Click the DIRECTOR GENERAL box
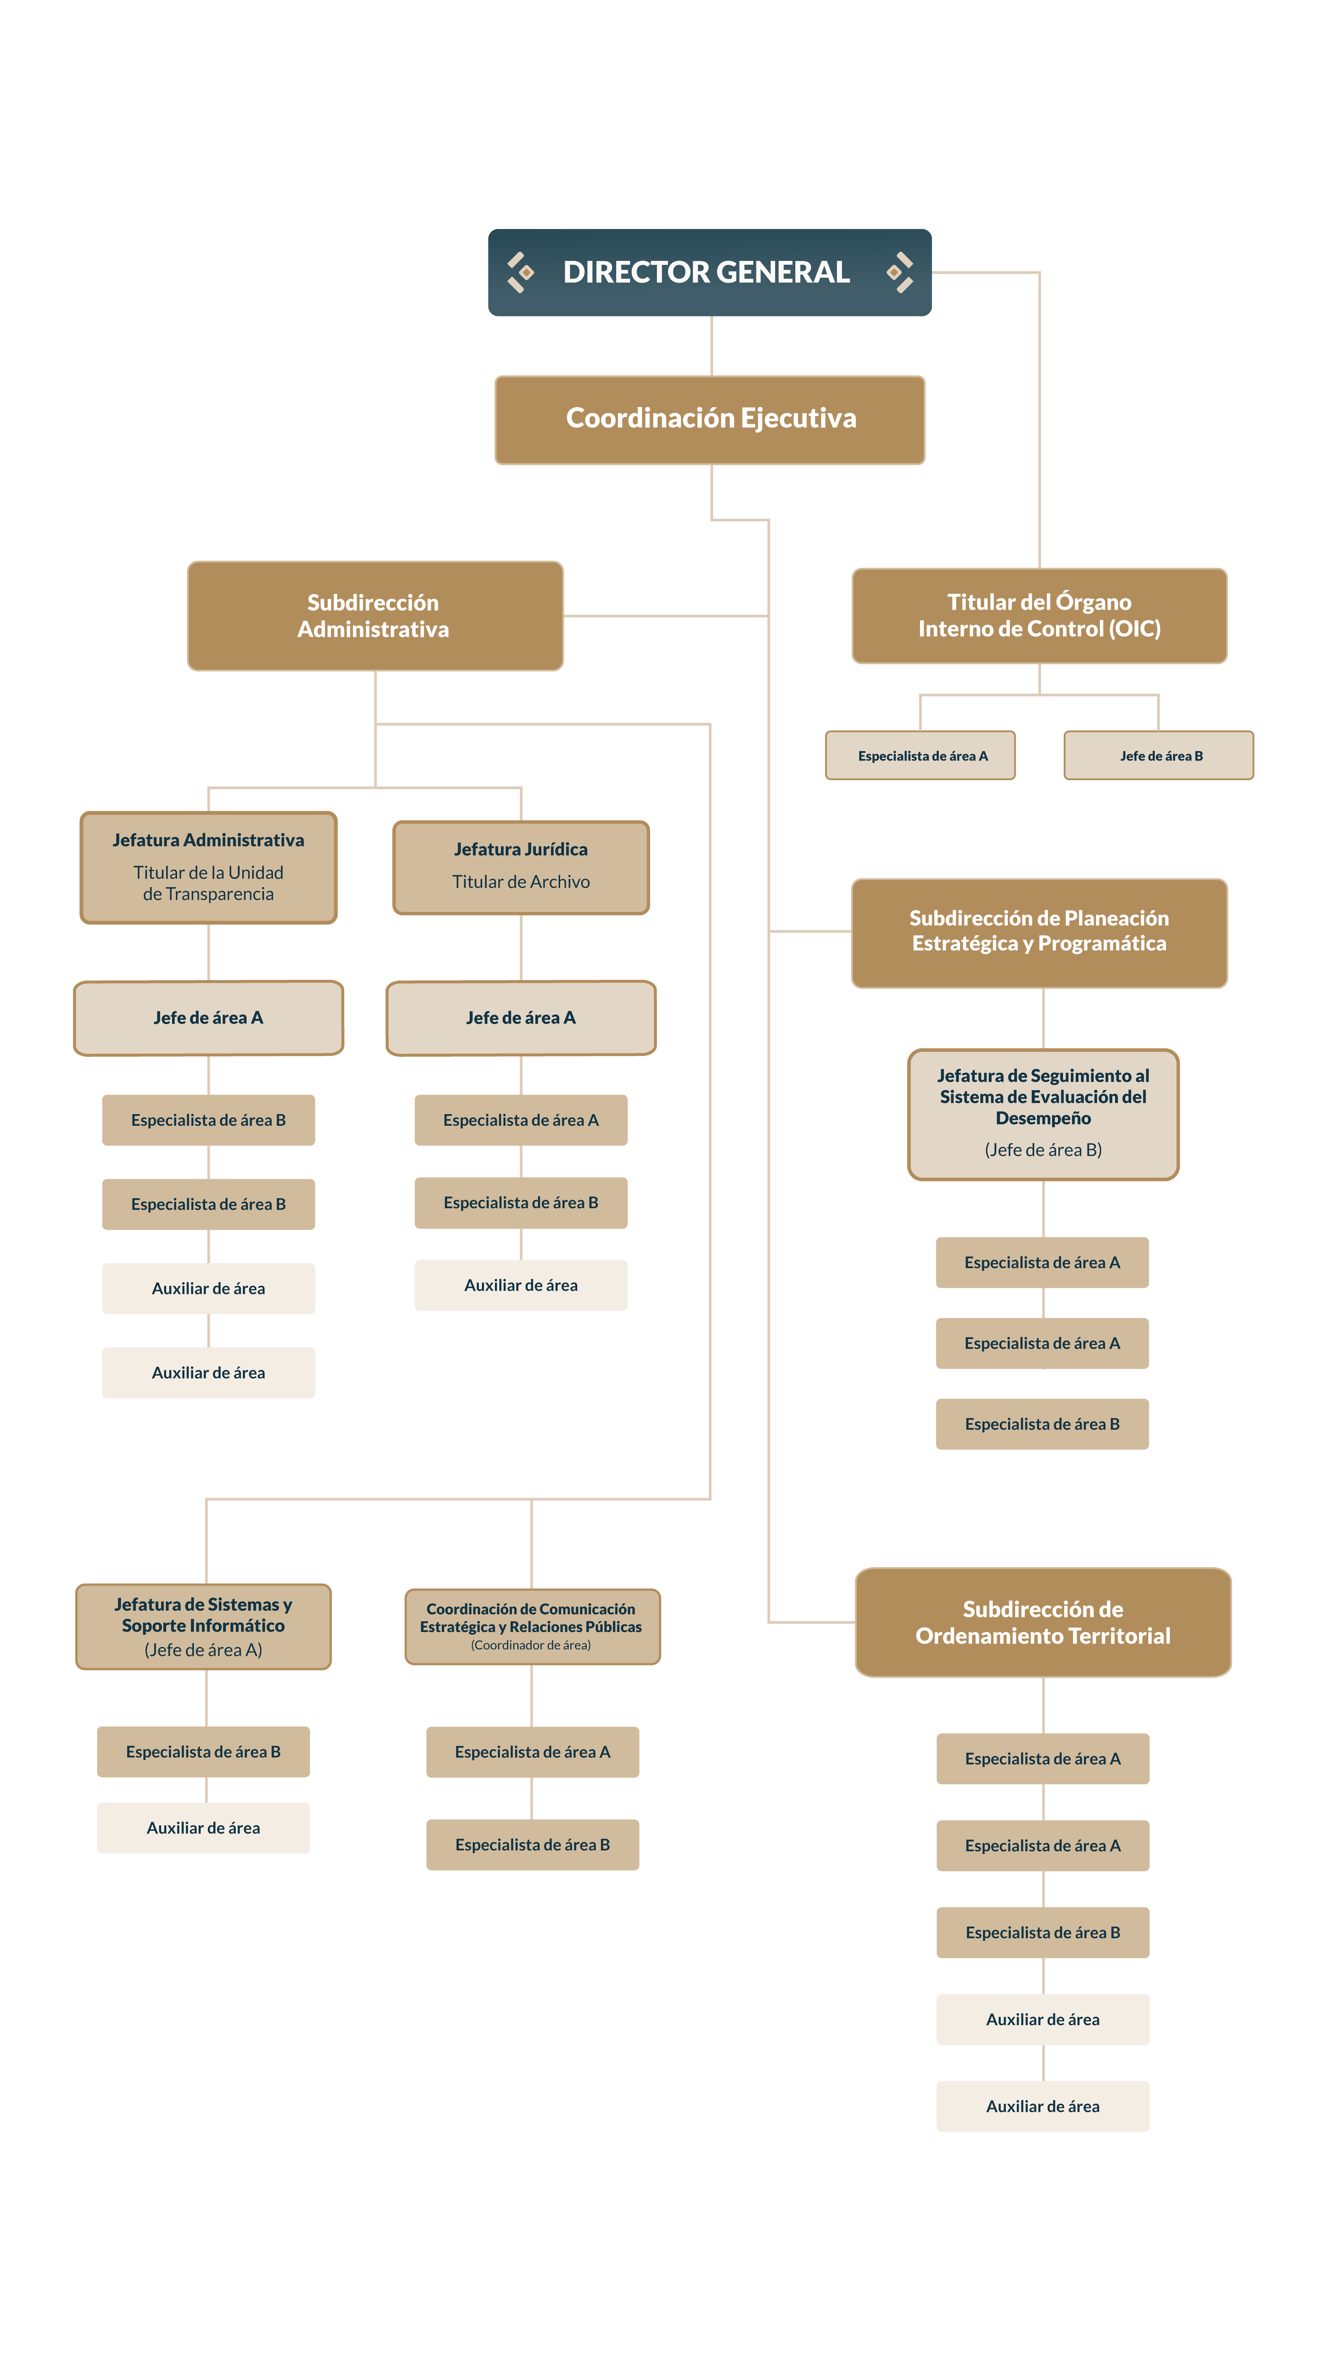point(709,272)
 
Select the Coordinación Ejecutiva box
point(709,420)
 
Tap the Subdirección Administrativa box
point(375,616)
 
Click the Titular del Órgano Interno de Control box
point(1039,616)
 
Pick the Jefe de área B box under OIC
point(1158,755)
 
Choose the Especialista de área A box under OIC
point(920,755)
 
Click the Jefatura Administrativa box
point(208,867)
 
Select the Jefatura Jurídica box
point(521,867)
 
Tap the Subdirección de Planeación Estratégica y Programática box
point(1039,933)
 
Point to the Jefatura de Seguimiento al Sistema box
point(1043,1114)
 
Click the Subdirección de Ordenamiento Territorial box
point(1043,1622)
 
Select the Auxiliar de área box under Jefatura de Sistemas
point(203,1828)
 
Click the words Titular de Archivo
point(521,882)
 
